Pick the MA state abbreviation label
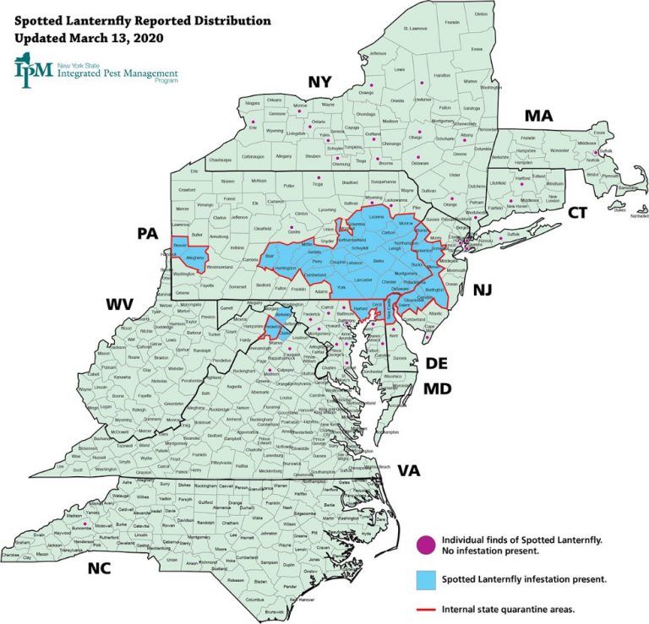[538, 116]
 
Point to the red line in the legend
[428, 607]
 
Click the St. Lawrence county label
[418, 29]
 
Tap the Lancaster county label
[365, 279]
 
